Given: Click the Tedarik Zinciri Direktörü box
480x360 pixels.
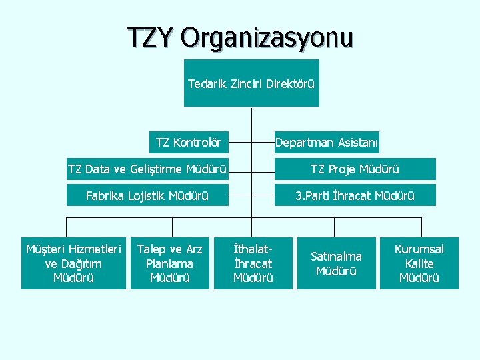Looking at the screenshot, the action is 251,83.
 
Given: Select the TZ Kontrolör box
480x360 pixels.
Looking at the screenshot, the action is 188,142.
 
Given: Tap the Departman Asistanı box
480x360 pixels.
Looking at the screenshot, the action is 327,142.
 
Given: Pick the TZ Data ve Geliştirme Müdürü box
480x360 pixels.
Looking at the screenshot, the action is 147,169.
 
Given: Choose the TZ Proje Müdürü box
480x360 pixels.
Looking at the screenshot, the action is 355,169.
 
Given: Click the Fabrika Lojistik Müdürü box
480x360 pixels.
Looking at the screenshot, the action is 147,195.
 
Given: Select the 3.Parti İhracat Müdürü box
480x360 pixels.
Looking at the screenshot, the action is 355,195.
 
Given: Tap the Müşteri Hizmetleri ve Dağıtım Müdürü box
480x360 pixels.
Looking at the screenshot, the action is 73,263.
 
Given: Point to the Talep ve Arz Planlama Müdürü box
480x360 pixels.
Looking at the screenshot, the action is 170,263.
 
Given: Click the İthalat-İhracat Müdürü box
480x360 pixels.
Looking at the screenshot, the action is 253,263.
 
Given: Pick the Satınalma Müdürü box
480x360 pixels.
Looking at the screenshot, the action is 337,263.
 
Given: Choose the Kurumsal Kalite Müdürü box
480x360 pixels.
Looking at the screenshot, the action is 419,263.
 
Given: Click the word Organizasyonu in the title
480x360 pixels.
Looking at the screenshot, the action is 266,38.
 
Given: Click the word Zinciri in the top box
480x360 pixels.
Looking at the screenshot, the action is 247,84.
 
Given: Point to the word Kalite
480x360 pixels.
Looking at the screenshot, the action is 419,263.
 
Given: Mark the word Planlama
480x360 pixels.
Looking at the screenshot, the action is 169,263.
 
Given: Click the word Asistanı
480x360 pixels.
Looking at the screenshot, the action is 357,142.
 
